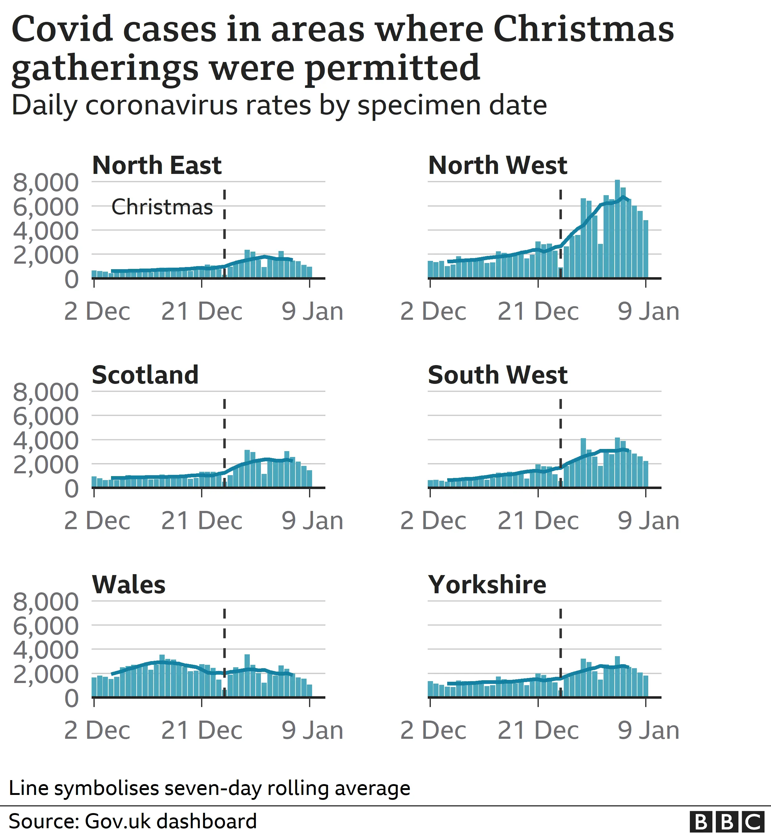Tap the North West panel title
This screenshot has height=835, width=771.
pos(497,166)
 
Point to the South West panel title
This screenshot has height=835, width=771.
pos(497,375)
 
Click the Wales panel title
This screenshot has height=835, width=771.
pos(129,585)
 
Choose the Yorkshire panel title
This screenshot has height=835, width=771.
pos(487,585)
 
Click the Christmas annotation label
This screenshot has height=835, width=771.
pos(162,207)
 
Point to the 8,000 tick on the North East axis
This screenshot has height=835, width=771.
pos(45,183)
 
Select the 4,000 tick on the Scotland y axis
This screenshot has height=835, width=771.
pos(45,440)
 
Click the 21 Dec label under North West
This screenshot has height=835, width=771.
pos(538,311)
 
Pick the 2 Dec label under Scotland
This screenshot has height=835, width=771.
pos(97,521)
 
